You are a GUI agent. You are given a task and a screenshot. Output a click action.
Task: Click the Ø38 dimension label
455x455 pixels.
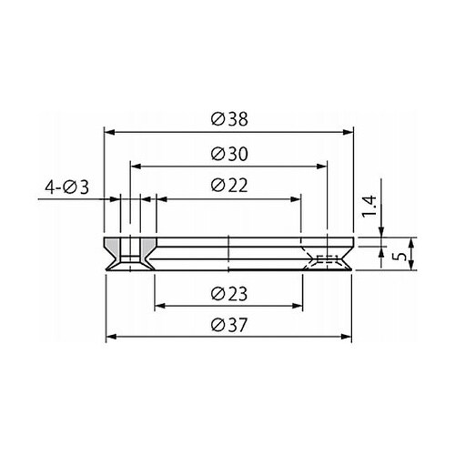[x=229, y=119]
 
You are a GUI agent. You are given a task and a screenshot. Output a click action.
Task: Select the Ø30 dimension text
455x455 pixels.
[x=229, y=154]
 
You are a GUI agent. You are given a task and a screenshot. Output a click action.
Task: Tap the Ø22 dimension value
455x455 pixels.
[x=229, y=186]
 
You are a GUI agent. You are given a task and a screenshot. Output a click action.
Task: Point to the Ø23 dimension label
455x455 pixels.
[x=229, y=294]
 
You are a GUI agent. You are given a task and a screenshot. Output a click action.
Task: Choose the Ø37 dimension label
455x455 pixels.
[x=229, y=325]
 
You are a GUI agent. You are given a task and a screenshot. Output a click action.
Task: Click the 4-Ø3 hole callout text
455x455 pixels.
[x=66, y=187]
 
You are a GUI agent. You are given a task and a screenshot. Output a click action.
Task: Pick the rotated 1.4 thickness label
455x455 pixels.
[x=369, y=207]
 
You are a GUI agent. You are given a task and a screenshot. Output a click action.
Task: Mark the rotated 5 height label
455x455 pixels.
[x=399, y=257]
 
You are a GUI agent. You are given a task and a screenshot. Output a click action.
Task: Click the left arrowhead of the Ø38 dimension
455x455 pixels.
[x=109, y=132]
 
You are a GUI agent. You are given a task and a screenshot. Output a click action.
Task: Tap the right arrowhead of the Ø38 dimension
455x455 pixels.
[x=349, y=132]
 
